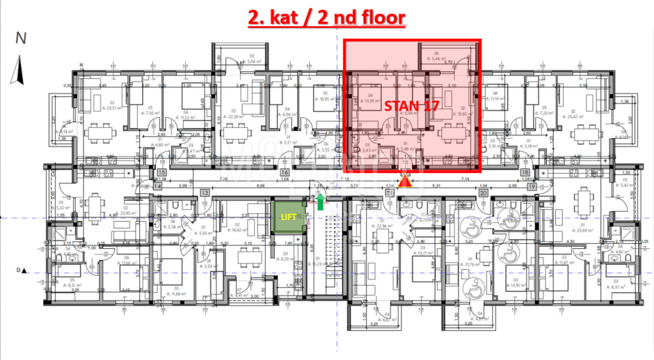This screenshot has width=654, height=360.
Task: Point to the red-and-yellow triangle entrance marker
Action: point(404,181)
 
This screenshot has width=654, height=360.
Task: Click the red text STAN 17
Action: point(411,106)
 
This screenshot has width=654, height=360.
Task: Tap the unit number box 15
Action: point(161,173)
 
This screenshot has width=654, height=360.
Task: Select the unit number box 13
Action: point(205,192)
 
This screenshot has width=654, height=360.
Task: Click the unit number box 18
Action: point(541,173)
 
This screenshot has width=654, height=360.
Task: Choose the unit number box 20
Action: point(483,192)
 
